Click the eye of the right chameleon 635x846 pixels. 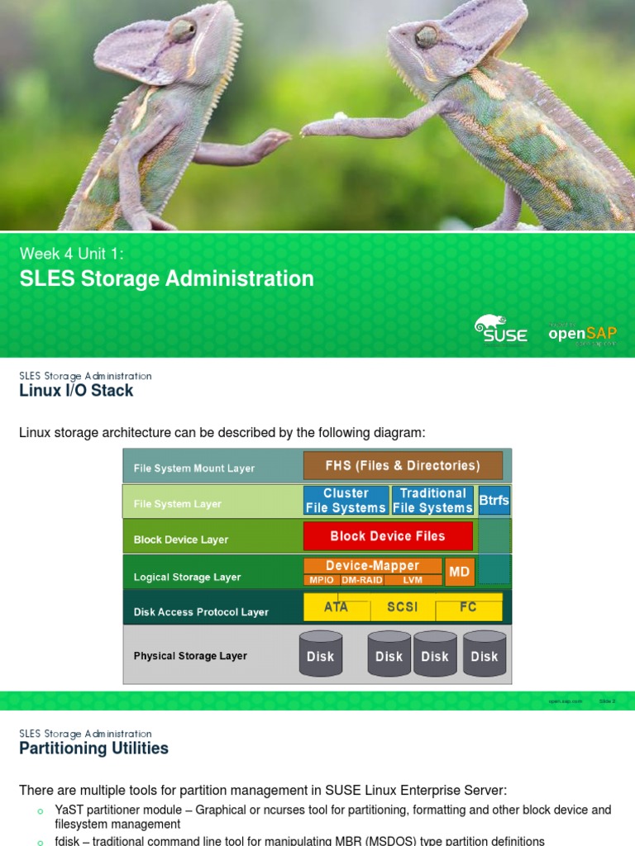coord(426,36)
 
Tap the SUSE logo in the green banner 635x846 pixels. coord(501,329)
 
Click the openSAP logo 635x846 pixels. coord(583,333)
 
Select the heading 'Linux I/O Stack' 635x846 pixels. coord(76,391)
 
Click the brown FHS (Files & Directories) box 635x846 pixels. coord(403,466)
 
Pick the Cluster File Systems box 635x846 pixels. coord(346,501)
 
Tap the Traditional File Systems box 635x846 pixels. coord(432,501)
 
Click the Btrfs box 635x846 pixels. coord(494,501)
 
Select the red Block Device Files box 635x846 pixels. coord(388,536)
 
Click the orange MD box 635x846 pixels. coord(459,572)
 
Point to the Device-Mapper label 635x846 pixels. coord(372,566)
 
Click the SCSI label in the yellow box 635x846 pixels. coord(403,607)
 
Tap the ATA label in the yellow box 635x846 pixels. coord(336,607)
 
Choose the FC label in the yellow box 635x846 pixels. coord(468,607)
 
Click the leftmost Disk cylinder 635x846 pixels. coord(321,655)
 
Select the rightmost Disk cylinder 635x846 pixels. coord(485,655)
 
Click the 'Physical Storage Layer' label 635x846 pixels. coord(190,656)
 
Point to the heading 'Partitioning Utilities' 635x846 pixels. coord(93,749)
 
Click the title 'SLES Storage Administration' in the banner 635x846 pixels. coord(166,279)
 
